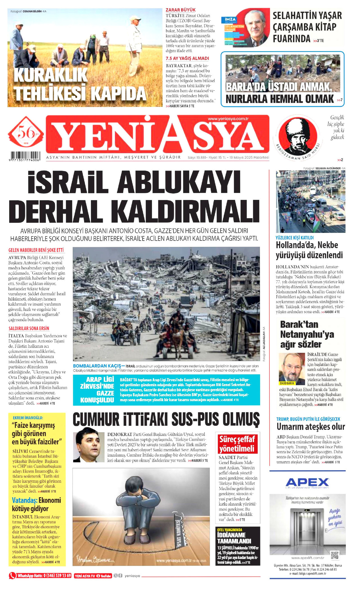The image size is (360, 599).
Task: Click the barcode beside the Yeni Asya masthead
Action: tap(25, 156)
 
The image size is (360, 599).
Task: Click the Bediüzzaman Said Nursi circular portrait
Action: tap(298, 136)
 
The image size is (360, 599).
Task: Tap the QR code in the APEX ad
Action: tap(335, 555)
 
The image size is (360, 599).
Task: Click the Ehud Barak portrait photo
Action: tap(292, 369)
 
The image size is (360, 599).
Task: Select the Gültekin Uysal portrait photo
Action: tap(88, 447)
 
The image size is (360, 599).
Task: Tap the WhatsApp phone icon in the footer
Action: tap(12, 575)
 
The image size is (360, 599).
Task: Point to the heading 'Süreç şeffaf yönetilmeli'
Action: tap(237, 444)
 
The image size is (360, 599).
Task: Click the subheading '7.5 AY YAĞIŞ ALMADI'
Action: tap(187, 58)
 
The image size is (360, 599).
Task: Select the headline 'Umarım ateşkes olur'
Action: tap(310, 427)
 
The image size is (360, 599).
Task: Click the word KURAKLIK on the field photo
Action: tap(51, 75)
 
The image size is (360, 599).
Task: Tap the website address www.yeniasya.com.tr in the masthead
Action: tap(228, 119)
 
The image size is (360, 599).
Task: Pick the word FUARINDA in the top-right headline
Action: tap(291, 39)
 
